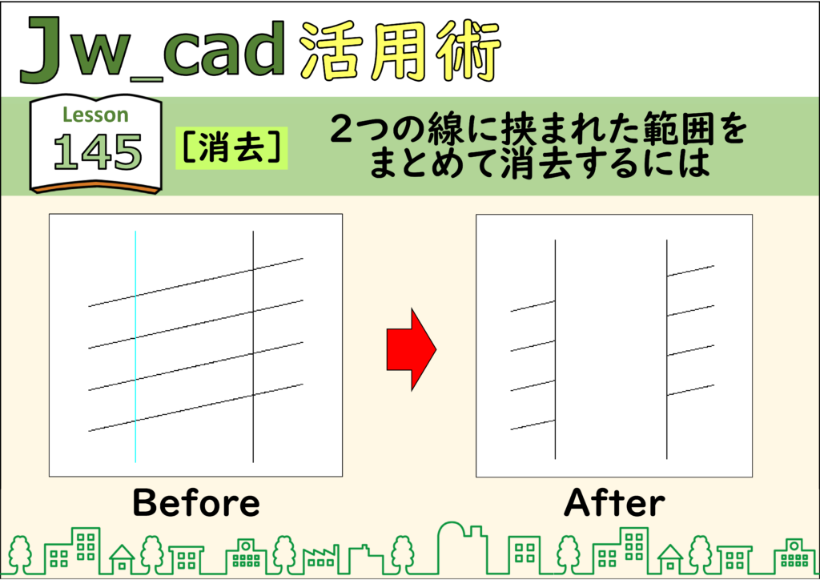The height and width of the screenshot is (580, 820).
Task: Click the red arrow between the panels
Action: [412, 349]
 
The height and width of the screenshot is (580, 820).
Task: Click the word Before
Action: [196, 502]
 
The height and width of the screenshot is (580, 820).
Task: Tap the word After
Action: [614, 502]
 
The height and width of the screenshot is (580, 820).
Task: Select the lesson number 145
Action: [97, 151]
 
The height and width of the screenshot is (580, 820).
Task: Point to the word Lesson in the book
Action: [95, 115]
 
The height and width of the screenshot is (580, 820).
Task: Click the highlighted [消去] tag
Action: [231, 147]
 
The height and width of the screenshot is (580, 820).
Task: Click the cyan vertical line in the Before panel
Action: [135, 346]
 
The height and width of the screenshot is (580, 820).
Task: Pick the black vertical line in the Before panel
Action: [253, 346]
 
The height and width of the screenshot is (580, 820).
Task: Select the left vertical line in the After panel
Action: [556, 349]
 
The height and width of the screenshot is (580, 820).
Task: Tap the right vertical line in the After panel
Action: [667, 349]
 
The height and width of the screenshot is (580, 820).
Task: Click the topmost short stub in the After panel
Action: [690, 271]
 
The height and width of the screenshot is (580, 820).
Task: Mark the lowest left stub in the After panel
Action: [533, 425]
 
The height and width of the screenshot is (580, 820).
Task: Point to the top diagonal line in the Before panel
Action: [195, 283]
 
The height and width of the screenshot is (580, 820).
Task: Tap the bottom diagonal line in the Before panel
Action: [195, 408]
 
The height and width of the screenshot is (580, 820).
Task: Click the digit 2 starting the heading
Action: [342, 129]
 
